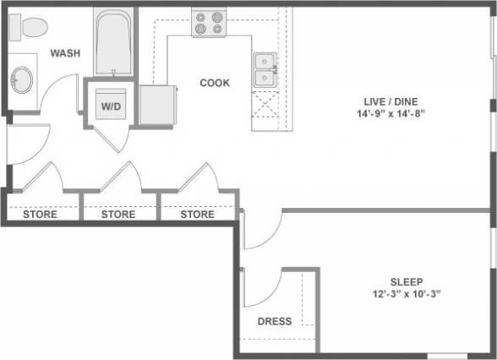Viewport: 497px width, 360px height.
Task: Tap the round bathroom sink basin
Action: (x=22, y=81)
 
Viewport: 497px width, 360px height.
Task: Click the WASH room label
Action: (x=65, y=53)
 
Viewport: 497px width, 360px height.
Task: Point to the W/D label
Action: (x=111, y=107)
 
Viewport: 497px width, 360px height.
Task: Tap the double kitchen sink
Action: (x=266, y=70)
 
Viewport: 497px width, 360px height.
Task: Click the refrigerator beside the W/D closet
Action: (x=157, y=106)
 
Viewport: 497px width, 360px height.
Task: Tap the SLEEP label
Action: (x=406, y=281)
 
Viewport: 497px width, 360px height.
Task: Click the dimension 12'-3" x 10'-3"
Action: (x=406, y=294)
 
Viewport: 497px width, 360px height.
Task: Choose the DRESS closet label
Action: (x=275, y=321)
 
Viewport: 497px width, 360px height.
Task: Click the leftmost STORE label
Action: (x=40, y=215)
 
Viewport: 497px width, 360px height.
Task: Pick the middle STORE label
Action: (x=118, y=215)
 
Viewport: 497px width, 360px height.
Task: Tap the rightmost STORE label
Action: (x=198, y=215)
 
